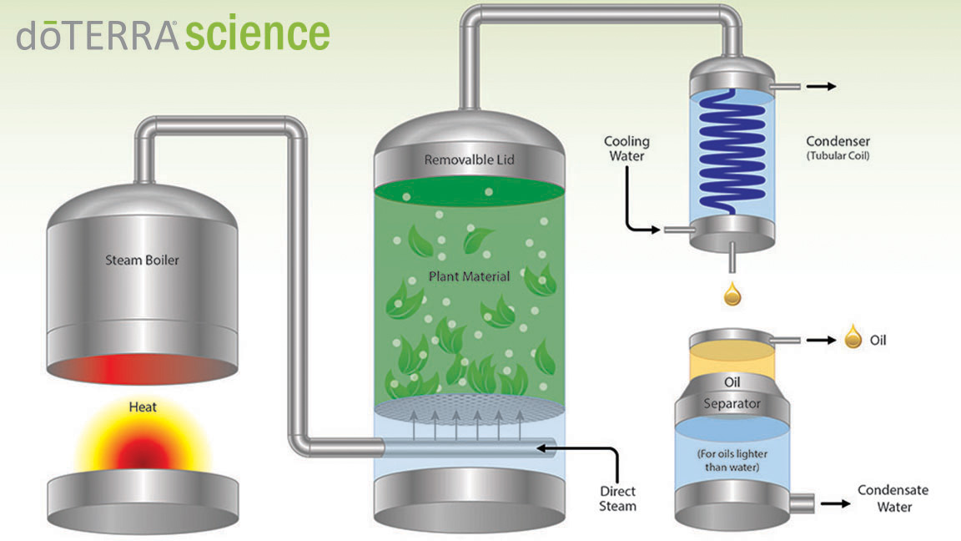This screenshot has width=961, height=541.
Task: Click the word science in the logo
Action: pos(258,33)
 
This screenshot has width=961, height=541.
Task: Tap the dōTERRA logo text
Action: pos(98,36)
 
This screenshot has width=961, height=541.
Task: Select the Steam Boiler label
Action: pos(142,260)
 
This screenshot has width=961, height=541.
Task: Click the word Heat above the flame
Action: pos(143,407)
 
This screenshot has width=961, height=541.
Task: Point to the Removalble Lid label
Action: pos(470,159)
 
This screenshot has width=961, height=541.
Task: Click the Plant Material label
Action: pos(469,276)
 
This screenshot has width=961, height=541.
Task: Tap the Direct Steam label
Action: pos(618,498)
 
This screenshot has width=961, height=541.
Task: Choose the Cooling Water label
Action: pos(627,149)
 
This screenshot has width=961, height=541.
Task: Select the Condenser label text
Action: pos(838,141)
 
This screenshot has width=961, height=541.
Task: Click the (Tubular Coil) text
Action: pos(838,156)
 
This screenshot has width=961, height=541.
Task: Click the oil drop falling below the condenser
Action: pos(732,294)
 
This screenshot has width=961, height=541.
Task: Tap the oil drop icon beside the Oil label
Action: pos(853,336)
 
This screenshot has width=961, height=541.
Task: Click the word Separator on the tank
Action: pos(732,403)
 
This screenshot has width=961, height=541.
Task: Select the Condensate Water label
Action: pos(893,498)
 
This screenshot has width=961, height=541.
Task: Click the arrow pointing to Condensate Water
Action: pos(836,503)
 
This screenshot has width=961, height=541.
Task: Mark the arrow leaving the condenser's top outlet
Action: pos(821,87)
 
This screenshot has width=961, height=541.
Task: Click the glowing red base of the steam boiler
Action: pos(142,369)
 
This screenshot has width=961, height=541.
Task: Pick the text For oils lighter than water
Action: pos(732,460)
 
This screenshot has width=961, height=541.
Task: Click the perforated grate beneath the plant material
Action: pos(469,409)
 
